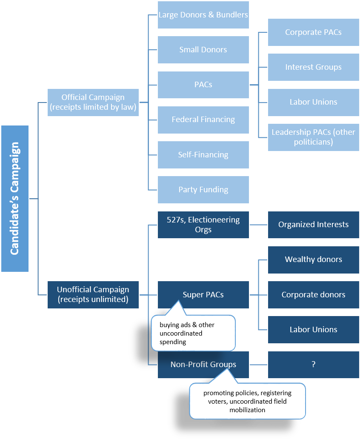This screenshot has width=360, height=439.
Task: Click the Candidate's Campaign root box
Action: (15, 198)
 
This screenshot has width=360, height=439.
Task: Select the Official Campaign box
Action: (93, 103)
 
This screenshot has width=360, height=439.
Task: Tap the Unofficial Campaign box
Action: (93, 294)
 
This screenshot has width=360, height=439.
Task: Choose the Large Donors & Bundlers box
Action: (203, 15)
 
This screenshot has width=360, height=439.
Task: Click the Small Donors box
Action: (203, 50)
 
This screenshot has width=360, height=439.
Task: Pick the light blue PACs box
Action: (203, 85)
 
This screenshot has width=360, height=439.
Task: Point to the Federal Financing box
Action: (203, 120)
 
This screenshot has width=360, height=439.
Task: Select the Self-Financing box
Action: (203, 155)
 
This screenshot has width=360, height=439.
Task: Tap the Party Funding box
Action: (203, 190)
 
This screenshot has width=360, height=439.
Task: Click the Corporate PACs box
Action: (313, 32)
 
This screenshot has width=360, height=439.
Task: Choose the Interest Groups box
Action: (313, 67)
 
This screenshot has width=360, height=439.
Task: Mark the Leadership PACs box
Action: (313, 137)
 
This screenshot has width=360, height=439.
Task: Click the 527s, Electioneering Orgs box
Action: (203, 225)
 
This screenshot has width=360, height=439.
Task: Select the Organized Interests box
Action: (313, 225)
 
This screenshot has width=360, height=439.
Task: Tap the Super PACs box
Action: (203, 294)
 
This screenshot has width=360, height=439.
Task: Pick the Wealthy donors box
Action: (313, 259)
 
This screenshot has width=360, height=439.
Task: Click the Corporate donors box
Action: (313, 294)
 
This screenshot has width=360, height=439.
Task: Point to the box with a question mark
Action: (313, 365)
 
